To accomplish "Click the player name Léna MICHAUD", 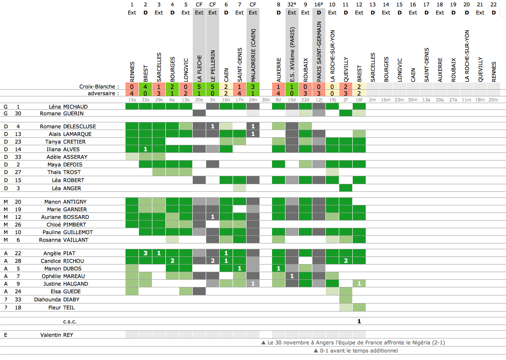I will point(68,107).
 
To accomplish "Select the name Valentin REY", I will point(56,335).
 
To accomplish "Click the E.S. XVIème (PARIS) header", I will point(292,54).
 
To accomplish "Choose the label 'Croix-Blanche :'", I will point(99,87).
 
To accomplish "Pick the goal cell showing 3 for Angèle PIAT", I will point(145,253).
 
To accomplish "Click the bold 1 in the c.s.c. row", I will point(359,321).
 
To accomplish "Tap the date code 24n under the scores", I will point(253,100).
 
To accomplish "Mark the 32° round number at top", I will point(292,4).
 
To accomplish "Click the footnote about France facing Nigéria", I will point(353,343).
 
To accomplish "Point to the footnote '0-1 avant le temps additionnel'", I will point(356,351).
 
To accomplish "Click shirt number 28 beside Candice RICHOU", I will point(18,261).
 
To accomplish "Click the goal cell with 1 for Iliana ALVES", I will point(145,149).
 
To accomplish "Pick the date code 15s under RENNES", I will point(132,100).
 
